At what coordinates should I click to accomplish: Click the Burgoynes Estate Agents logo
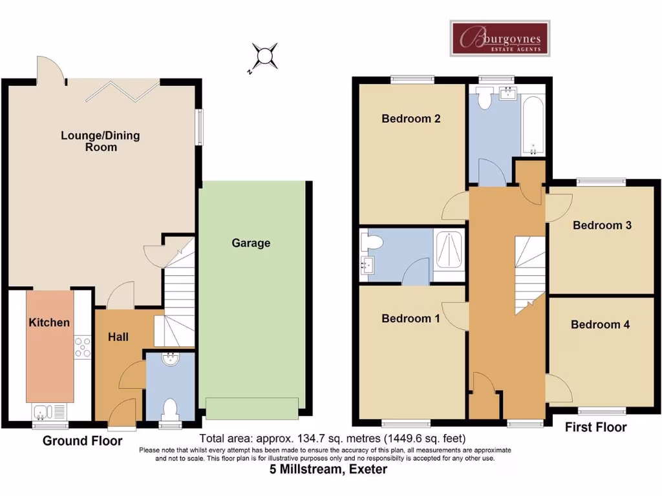500,38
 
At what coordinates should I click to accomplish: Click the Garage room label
251,243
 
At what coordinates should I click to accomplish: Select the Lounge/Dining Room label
100,141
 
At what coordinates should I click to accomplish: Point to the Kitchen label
49,322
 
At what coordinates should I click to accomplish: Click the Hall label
118,336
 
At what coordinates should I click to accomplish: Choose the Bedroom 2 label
411,119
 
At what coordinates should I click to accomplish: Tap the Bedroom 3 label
602,225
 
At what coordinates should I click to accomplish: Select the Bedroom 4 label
600,325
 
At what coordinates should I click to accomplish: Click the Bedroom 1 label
411,318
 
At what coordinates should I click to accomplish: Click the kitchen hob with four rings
82,347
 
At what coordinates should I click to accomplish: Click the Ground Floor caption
82,442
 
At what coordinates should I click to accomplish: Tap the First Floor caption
595,428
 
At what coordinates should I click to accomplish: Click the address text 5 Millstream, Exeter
328,470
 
